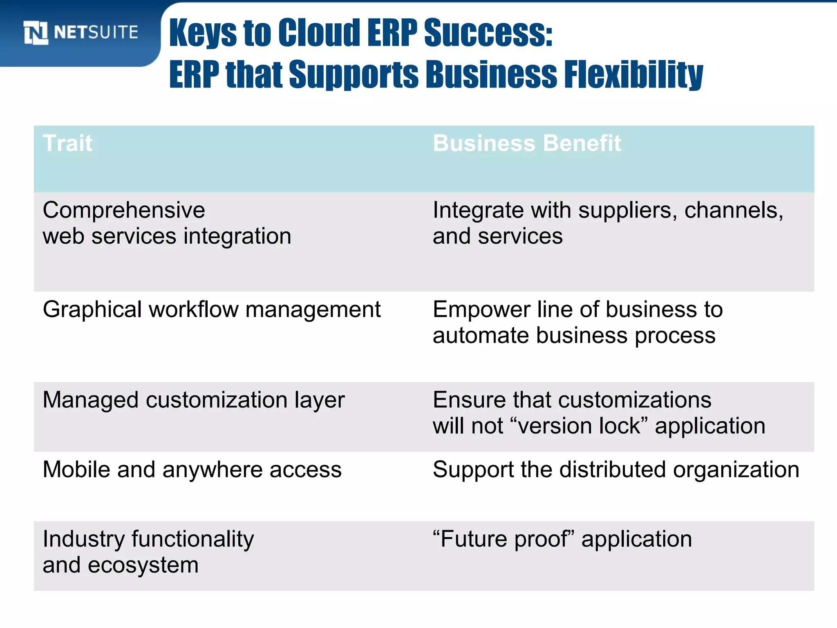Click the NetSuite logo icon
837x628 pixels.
[x=36, y=33]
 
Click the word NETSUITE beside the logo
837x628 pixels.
[x=96, y=32]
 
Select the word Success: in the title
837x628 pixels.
[x=488, y=33]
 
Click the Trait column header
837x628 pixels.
[x=67, y=143]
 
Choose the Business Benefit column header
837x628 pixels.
[x=527, y=143]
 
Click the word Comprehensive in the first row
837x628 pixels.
[x=124, y=210]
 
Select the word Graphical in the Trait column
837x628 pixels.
[x=92, y=310]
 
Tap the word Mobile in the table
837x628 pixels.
[x=76, y=469]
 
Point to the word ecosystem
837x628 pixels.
[x=143, y=565]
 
